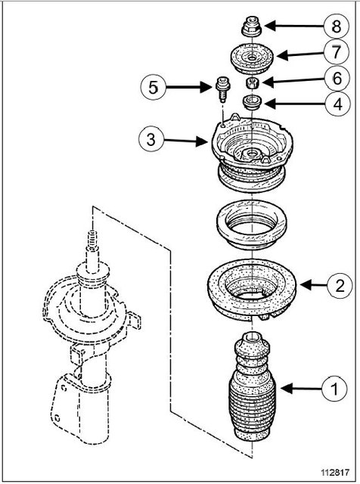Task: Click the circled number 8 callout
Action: tap(337, 26)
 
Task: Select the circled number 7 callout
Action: tap(337, 51)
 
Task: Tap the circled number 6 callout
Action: tap(337, 78)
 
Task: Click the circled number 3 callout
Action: tap(151, 139)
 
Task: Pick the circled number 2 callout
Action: tap(340, 286)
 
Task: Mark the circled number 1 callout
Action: tap(334, 388)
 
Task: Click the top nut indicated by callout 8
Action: tap(251, 26)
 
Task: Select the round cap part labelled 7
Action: tap(253, 59)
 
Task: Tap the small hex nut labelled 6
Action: tap(252, 82)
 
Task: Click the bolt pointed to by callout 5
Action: tap(221, 89)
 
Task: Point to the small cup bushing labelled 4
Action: tap(253, 102)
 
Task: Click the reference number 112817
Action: tap(335, 472)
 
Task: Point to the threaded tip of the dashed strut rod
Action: tap(92, 240)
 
